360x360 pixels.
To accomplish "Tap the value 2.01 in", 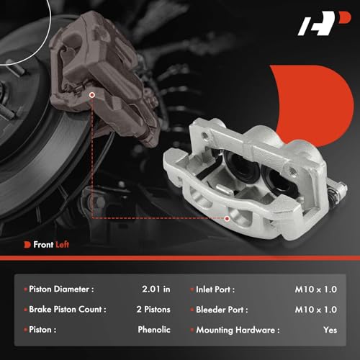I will (156, 290).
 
